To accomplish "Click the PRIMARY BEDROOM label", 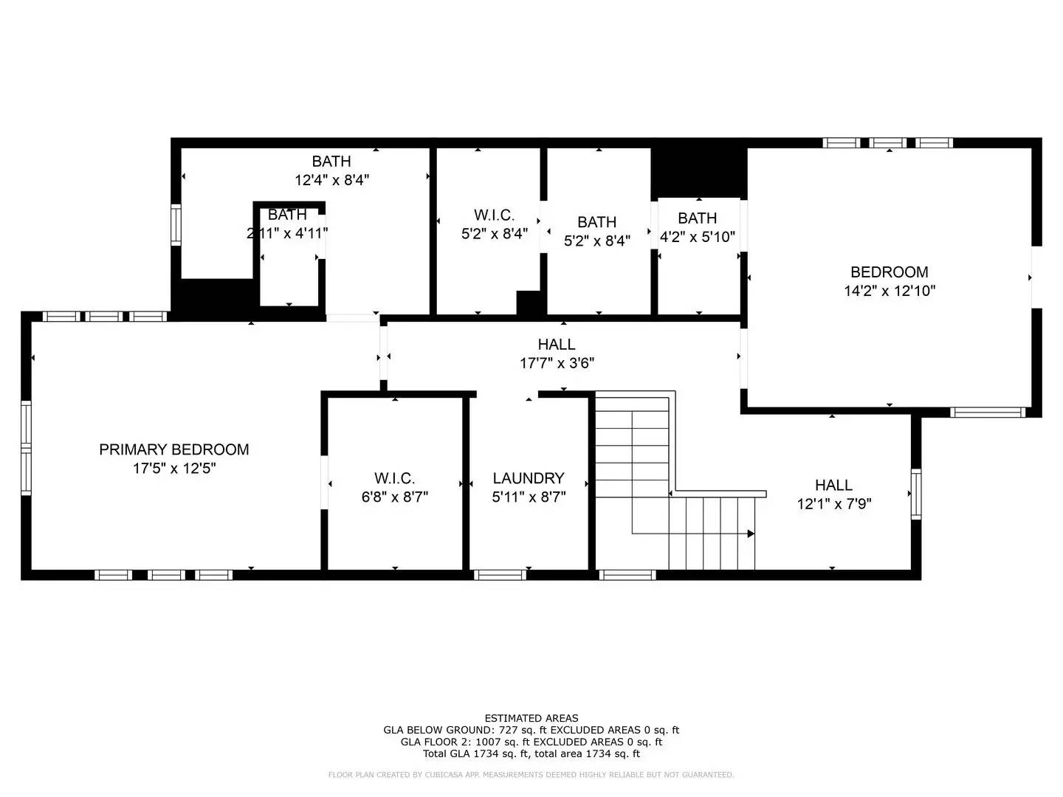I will pos(173,449).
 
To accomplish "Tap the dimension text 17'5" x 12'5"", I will pos(173,469).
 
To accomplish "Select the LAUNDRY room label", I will pos(529,478).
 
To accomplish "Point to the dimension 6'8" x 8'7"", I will pos(394,497).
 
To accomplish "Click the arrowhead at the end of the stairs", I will pos(750,534).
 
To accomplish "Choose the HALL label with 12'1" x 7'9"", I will pos(833,486).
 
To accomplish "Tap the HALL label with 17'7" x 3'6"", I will pos(557,345).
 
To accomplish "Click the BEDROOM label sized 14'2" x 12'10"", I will pos(889,272).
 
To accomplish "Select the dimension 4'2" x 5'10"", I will pos(697,238).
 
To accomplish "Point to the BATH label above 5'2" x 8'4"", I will pos(596,222).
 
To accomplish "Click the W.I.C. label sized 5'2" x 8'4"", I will pos(494,215).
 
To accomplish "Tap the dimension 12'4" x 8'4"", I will pos(331,179).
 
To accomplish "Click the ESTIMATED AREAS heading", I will pos(531,718).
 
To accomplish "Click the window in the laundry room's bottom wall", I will pos(499,575).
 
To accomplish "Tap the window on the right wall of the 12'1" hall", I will pos(916,494).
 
